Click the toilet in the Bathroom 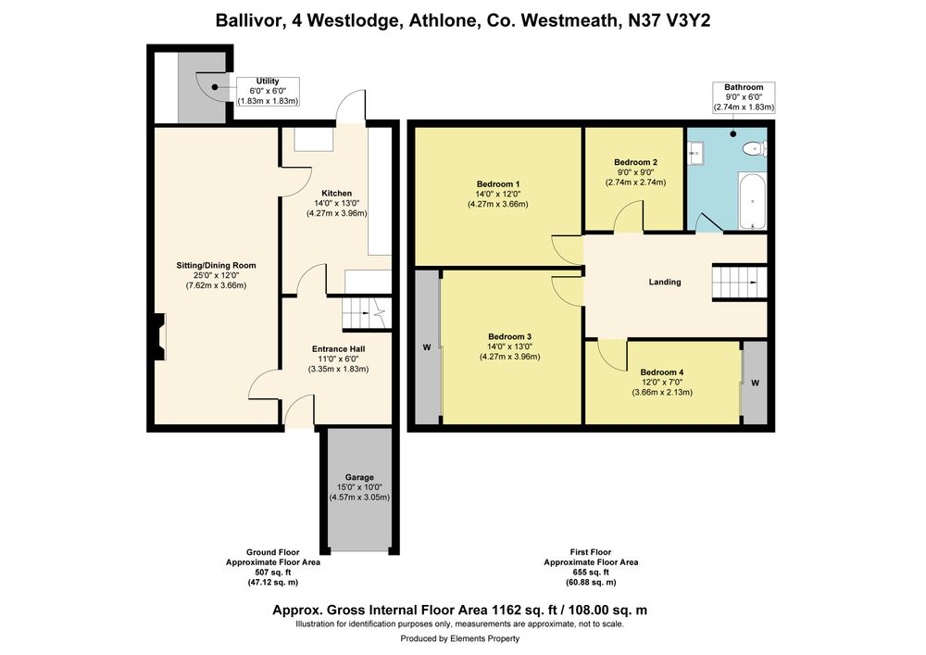(x=756, y=148)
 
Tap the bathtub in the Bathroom (x=752, y=201)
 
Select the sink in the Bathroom (x=695, y=154)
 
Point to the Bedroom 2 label (x=635, y=162)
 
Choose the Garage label (x=359, y=477)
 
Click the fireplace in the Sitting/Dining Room (x=159, y=336)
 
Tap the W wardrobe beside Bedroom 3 (x=427, y=347)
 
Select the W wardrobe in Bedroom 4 (x=755, y=383)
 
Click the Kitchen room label (x=337, y=193)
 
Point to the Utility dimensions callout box (x=269, y=92)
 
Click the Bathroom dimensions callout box (x=745, y=97)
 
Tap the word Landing (x=665, y=282)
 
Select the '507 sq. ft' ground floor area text (x=273, y=573)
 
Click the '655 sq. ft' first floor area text (x=591, y=573)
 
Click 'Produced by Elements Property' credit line (x=460, y=638)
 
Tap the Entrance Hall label (x=338, y=349)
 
